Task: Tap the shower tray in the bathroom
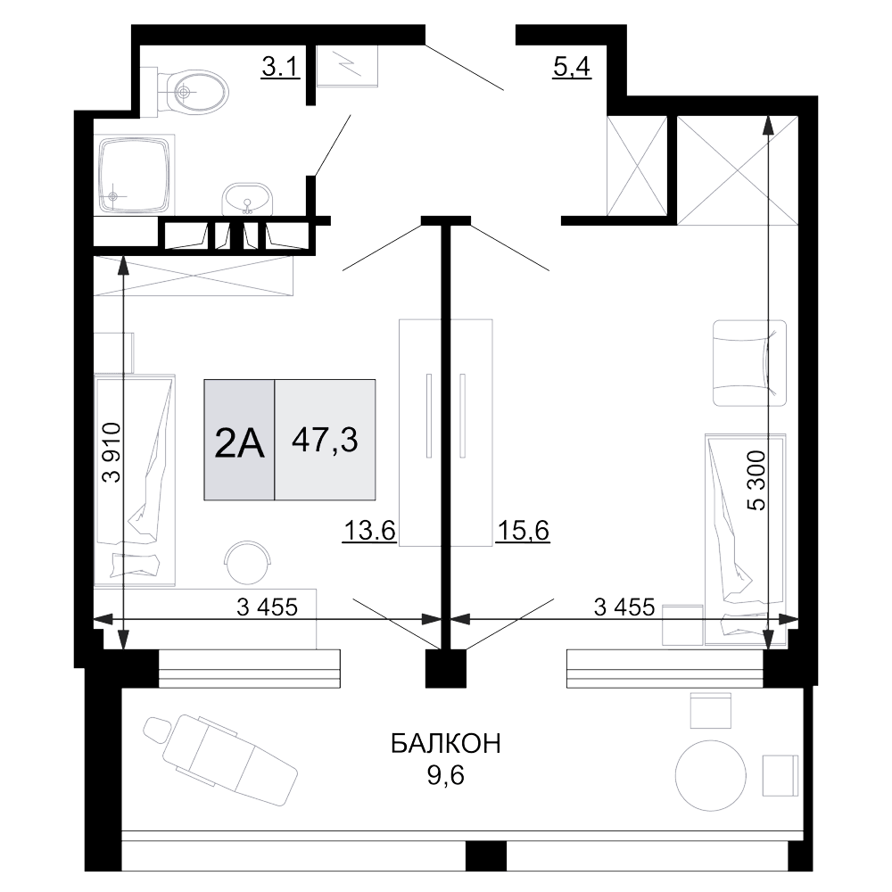pyautogui.click(x=136, y=175)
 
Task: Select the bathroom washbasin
pyautogui.click(x=247, y=199)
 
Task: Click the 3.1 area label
pyautogui.click(x=280, y=67)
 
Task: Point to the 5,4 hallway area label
pyautogui.click(x=572, y=67)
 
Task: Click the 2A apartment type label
pyautogui.click(x=239, y=443)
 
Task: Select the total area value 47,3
pyautogui.click(x=325, y=440)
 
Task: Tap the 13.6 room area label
pyautogui.click(x=369, y=531)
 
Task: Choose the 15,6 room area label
pyautogui.click(x=523, y=531)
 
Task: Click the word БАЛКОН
pyautogui.click(x=445, y=744)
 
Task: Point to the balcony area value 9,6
pyautogui.click(x=445, y=775)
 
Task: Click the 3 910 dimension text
pyautogui.click(x=111, y=452)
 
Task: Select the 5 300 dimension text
pyautogui.click(x=756, y=481)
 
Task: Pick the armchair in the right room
pyautogui.click(x=750, y=363)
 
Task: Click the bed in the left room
pyautogui.click(x=135, y=480)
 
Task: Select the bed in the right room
pyautogui.click(x=746, y=540)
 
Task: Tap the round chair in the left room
pyautogui.click(x=247, y=562)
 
